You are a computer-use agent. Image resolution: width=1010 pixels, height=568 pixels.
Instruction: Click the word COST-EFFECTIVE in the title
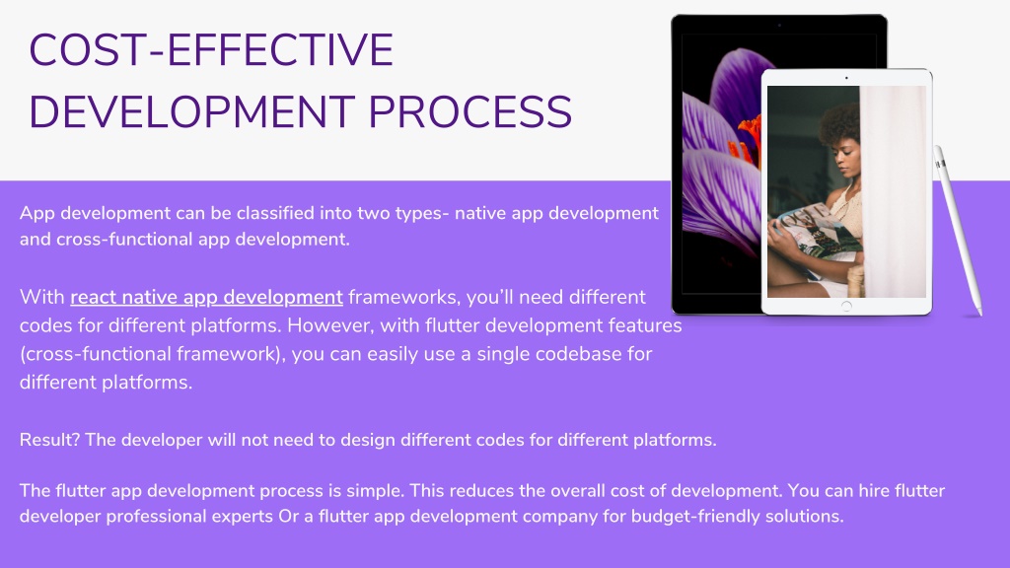pyautogui.click(x=211, y=50)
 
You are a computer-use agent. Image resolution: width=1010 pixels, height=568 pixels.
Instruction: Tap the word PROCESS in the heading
pyautogui.click(x=470, y=112)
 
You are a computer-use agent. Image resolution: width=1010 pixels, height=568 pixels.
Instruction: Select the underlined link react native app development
pyautogui.click(x=206, y=297)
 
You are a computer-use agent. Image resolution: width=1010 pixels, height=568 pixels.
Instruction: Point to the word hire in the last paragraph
pyautogui.click(x=874, y=491)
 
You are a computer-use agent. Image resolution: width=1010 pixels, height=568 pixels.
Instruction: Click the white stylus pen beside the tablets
pyautogui.click(x=958, y=231)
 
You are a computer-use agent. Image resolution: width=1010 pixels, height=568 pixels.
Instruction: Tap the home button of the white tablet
pyautogui.click(x=846, y=306)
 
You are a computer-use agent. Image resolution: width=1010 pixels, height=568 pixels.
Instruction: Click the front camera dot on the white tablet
pyautogui.click(x=846, y=78)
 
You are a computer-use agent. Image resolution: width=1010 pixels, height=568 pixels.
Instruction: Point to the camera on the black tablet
pyautogui.click(x=779, y=25)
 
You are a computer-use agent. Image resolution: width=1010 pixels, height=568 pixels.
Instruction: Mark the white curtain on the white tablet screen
pyautogui.click(x=894, y=191)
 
